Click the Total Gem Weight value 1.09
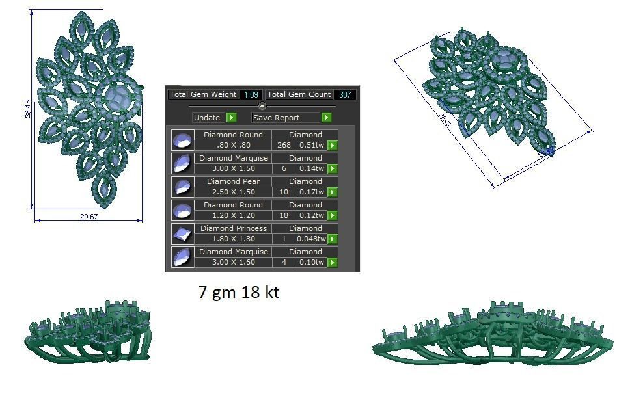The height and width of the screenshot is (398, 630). pos(251,95)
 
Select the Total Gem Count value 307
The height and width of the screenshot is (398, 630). pos(345,95)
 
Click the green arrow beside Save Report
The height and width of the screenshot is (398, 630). pos(326,118)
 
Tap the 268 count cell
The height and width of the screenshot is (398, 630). pos(284,146)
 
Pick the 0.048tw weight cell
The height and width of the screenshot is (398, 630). pos(310,239)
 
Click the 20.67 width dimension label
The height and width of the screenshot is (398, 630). pos(89,217)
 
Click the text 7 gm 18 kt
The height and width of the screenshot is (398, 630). pos(238,293)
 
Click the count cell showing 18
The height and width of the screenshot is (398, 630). pos(284,216)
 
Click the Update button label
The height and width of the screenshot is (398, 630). pos(207,118)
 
